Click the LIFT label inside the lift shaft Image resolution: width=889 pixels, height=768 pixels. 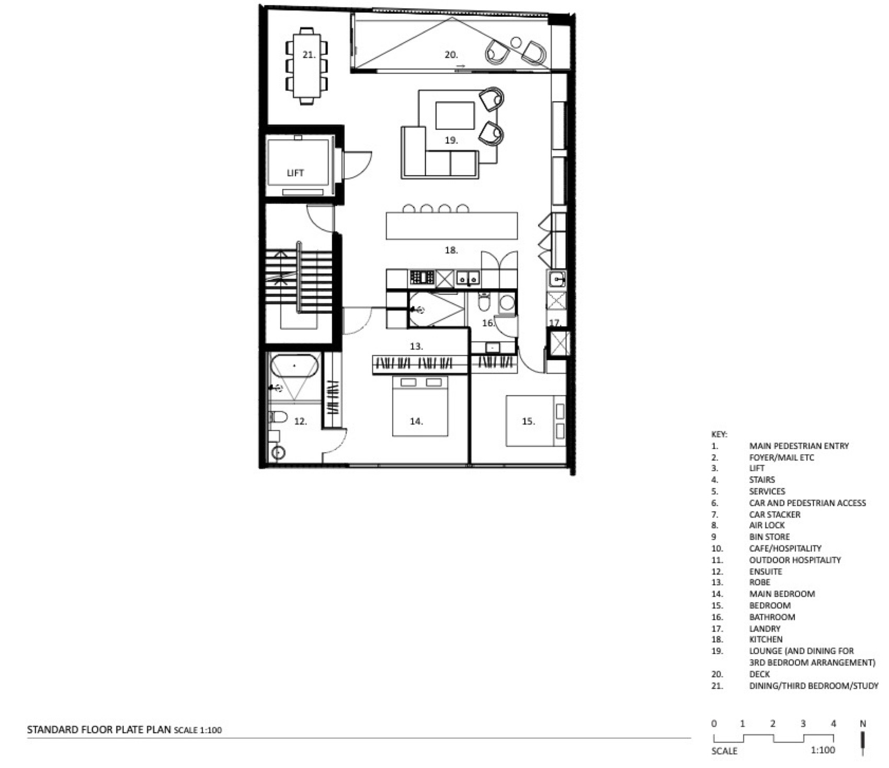pyautogui.click(x=295, y=173)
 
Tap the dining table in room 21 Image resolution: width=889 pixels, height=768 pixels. pyautogui.click(x=306, y=65)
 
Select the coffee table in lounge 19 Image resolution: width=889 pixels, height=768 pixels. pyautogui.click(x=455, y=116)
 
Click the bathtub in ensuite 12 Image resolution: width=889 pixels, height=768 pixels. pyautogui.click(x=294, y=366)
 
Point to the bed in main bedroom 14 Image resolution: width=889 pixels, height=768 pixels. pyautogui.click(x=420, y=406)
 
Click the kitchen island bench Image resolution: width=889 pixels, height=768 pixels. pyautogui.click(x=452, y=225)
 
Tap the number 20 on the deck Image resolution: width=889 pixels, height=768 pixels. pyautogui.click(x=451, y=54)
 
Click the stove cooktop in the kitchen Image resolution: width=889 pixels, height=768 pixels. pyautogui.click(x=422, y=277)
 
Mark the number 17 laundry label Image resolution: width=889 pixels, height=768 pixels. pyautogui.click(x=555, y=323)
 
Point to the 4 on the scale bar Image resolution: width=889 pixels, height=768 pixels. pyautogui.click(x=833, y=724)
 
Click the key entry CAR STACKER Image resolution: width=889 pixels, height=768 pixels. pyautogui.click(x=774, y=514)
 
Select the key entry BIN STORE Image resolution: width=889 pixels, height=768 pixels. pyautogui.click(x=769, y=537)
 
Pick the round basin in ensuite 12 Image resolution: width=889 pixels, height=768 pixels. pyautogui.click(x=279, y=453)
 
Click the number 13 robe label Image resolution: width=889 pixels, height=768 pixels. pyautogui.click(x=416, y=346)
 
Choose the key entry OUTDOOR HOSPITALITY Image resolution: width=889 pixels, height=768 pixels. pyautogui.click(x=795, y=560)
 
